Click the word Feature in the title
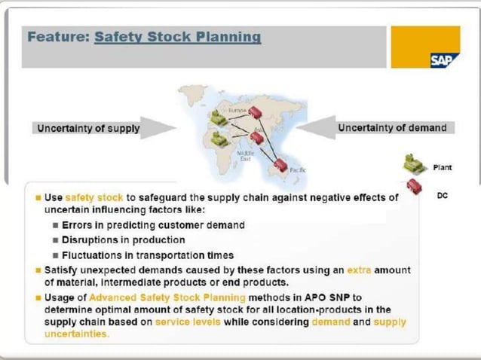coord(57,37)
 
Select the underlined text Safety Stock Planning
coord(178,37)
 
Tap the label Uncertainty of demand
coord(392,127)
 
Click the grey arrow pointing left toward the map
coord(324,127)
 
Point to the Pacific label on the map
coord(297,171)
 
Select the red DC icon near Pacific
coord(282,163)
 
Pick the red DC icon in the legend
coord(413,189)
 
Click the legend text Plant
coord(443,167)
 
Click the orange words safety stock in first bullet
coord(90,197)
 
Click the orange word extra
coord(360,269)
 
